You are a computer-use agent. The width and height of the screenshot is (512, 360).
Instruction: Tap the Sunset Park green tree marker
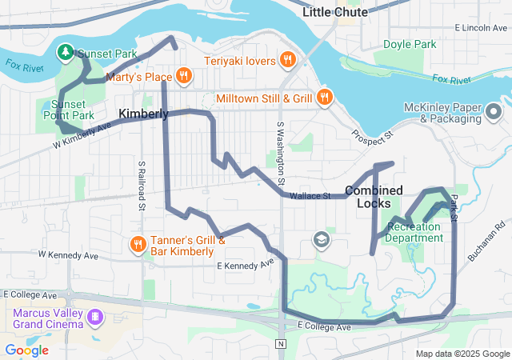[65, 52]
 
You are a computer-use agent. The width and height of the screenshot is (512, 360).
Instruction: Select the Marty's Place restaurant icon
[184, 76]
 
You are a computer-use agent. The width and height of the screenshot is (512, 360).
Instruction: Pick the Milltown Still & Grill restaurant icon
[324, 98]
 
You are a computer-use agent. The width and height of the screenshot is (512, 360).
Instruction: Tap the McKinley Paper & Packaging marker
[495, 113]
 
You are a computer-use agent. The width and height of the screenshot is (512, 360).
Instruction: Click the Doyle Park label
[410, 44]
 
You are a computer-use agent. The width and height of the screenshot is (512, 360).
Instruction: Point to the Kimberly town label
[143, 114]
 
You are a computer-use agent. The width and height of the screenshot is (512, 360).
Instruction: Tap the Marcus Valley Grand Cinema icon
[96, 318]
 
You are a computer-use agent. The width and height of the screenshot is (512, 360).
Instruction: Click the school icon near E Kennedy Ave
[322, 240]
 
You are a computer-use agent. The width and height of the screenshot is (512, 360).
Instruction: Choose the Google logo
[26, 350]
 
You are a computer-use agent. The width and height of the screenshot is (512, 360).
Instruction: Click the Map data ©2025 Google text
[462, 354]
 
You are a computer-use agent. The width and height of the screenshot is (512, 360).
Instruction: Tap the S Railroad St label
[141, 183]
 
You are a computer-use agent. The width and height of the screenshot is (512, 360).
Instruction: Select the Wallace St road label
[310, 196]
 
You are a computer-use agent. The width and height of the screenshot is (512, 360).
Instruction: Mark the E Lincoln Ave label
[481, 28]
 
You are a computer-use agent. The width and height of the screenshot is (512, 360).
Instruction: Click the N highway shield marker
[280, 344]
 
